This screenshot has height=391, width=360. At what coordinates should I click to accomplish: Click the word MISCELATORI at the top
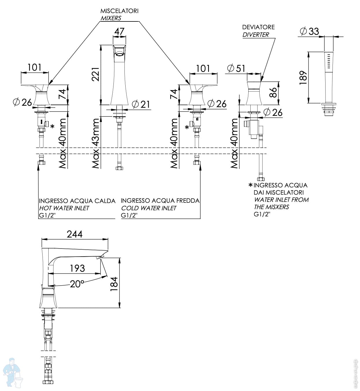click(x=120, y=11)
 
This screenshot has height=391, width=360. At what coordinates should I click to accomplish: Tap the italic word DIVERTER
click(x=256, y=35)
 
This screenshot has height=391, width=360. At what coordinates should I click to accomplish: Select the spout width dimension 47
click(x=119, y=31)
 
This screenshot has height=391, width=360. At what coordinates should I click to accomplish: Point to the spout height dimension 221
click(x=96, y=74)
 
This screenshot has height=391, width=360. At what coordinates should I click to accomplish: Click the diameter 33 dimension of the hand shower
click(x=309, y=31)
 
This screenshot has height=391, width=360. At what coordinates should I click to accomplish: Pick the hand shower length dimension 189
click(x=303, y=78)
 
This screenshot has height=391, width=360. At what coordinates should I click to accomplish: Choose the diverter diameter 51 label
click(x=236, y=68)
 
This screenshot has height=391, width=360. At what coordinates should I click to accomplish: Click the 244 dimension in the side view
click(x=75, y=234)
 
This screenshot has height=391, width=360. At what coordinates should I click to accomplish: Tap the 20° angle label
click(x=77, y=284)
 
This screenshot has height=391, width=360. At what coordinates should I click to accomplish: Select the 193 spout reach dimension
click(x=77, y=268)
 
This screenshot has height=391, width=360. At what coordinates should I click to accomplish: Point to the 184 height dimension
click(x=114, y=284)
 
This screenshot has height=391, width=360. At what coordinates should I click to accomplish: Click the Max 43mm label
click(x=96, y=143)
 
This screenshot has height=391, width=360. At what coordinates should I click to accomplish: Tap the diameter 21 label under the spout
click(x=141, y=104)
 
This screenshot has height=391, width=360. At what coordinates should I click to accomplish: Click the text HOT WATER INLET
click(x=64, y=208)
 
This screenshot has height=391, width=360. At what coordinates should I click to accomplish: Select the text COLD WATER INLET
click(x=148, y=208)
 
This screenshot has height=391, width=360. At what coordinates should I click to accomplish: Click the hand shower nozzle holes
click(x=329, y=61)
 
